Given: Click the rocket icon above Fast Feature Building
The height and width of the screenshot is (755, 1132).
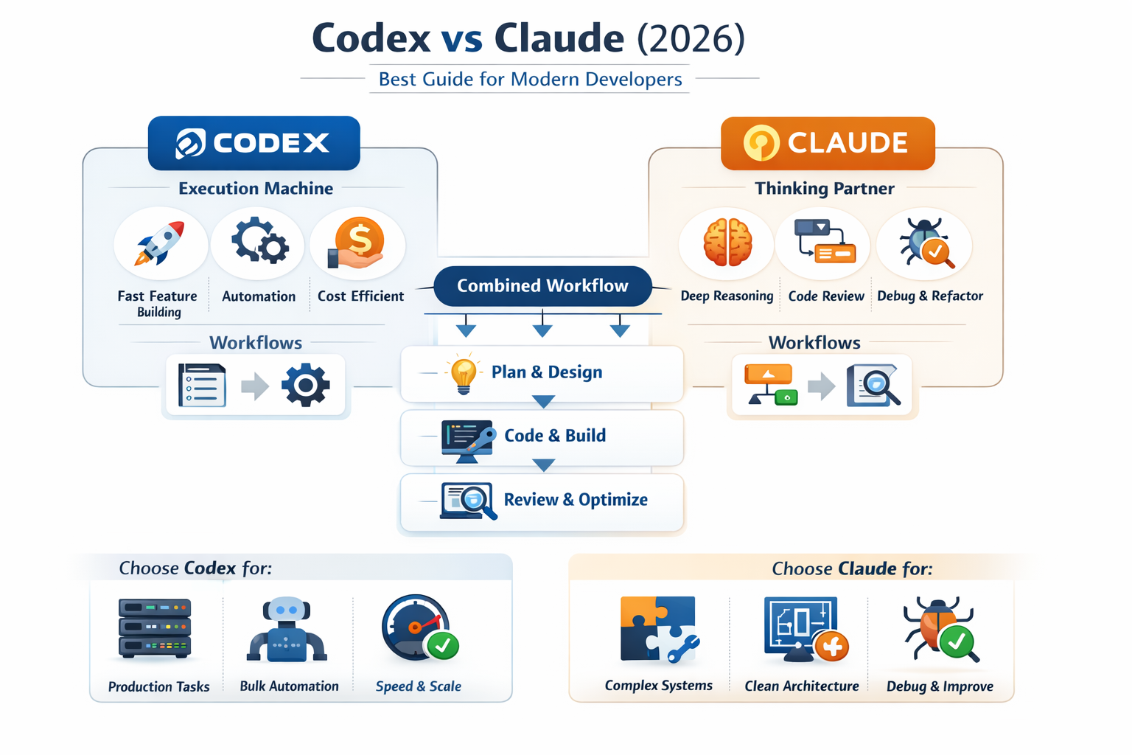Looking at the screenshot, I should [x=159, y=243].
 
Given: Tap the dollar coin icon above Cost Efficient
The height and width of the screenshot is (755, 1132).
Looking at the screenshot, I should [x=359, y=242].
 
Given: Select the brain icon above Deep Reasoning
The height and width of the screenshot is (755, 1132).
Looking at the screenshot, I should [x=727, y=243].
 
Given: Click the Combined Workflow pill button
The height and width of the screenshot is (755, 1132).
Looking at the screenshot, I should [x=542, y=286].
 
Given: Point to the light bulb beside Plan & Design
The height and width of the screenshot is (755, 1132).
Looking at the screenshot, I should [x=464, y=373].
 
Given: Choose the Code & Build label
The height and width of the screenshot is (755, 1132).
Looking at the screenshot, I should [x=555, y=436].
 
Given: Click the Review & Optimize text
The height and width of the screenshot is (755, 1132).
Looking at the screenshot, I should [x=576, y=500].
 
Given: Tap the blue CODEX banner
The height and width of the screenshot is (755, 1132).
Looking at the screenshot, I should [x=254, y=143].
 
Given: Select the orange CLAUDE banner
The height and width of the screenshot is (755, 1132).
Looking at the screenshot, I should [x=828, y=143].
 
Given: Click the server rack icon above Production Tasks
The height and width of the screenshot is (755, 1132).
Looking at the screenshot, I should [x=156, y=629].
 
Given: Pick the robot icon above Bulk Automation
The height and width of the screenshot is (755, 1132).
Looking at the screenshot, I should [x=287, y=630].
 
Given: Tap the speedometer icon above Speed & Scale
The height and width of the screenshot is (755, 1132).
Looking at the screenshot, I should [x=419, y=627].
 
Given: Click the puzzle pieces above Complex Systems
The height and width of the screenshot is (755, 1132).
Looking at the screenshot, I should [x=658, y=629].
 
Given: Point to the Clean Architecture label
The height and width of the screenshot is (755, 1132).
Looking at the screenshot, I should [x=802, y=686].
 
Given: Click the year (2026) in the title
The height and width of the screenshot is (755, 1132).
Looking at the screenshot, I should [x=691, y=38].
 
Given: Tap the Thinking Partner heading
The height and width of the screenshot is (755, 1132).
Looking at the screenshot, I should [x=825, y=189].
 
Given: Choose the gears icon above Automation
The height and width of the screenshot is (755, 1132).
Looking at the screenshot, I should [x=259, y=241].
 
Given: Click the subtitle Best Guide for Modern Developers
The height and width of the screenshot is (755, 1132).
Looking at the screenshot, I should [x=530, y=80].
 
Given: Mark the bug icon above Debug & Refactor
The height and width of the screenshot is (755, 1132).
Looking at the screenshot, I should [x=926, y=243].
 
